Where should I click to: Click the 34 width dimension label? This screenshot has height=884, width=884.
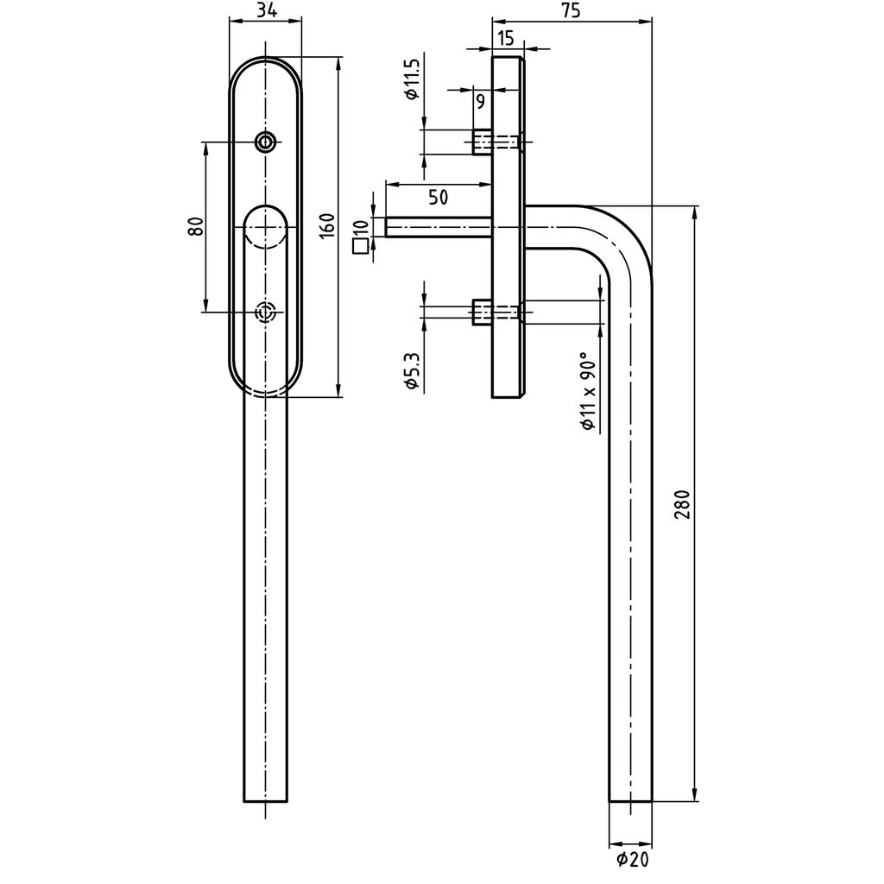pos(266,10)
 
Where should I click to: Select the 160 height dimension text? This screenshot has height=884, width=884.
pos(326,227)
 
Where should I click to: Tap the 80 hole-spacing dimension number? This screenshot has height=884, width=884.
pos(195,226)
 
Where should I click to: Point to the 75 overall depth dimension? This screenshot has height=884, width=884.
pos(570,10)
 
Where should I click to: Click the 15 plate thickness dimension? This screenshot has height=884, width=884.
pos(506,37)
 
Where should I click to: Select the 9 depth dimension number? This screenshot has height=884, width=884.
pos(480,101)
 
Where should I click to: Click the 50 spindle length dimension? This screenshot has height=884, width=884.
pos(438,197)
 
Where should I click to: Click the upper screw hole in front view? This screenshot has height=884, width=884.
pos(266,142)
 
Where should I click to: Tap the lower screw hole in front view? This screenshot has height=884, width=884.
pos(266,312)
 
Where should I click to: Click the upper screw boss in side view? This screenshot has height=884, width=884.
pos(483,142)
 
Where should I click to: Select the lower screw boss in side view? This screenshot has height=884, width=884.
pos(483,312)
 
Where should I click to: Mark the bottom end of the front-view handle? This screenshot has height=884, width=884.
pos(266,799)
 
